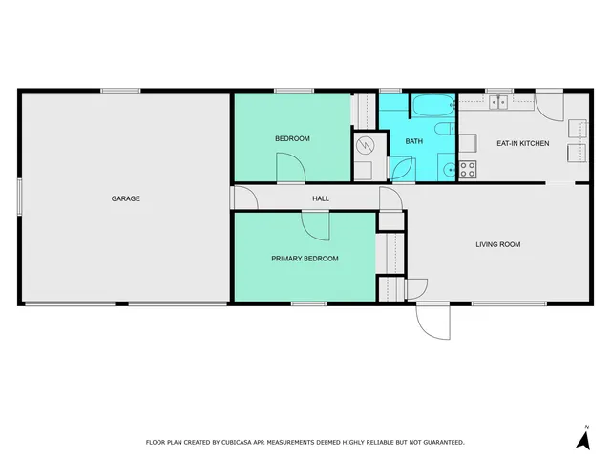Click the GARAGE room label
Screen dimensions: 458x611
coord(126,198)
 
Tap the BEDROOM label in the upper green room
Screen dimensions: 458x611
coord(292,139)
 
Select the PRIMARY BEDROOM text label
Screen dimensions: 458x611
coord(305,259)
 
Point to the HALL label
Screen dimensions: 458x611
coord(321,198)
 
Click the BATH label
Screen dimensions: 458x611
coord(413,141)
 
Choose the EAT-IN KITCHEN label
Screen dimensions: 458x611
coord(522,143)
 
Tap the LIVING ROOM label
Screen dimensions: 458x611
coord(498,245)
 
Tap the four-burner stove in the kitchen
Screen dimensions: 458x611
coord(468,170)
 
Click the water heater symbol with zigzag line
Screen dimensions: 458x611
coord(366,145)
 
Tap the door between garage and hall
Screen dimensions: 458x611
coord(244,198)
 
